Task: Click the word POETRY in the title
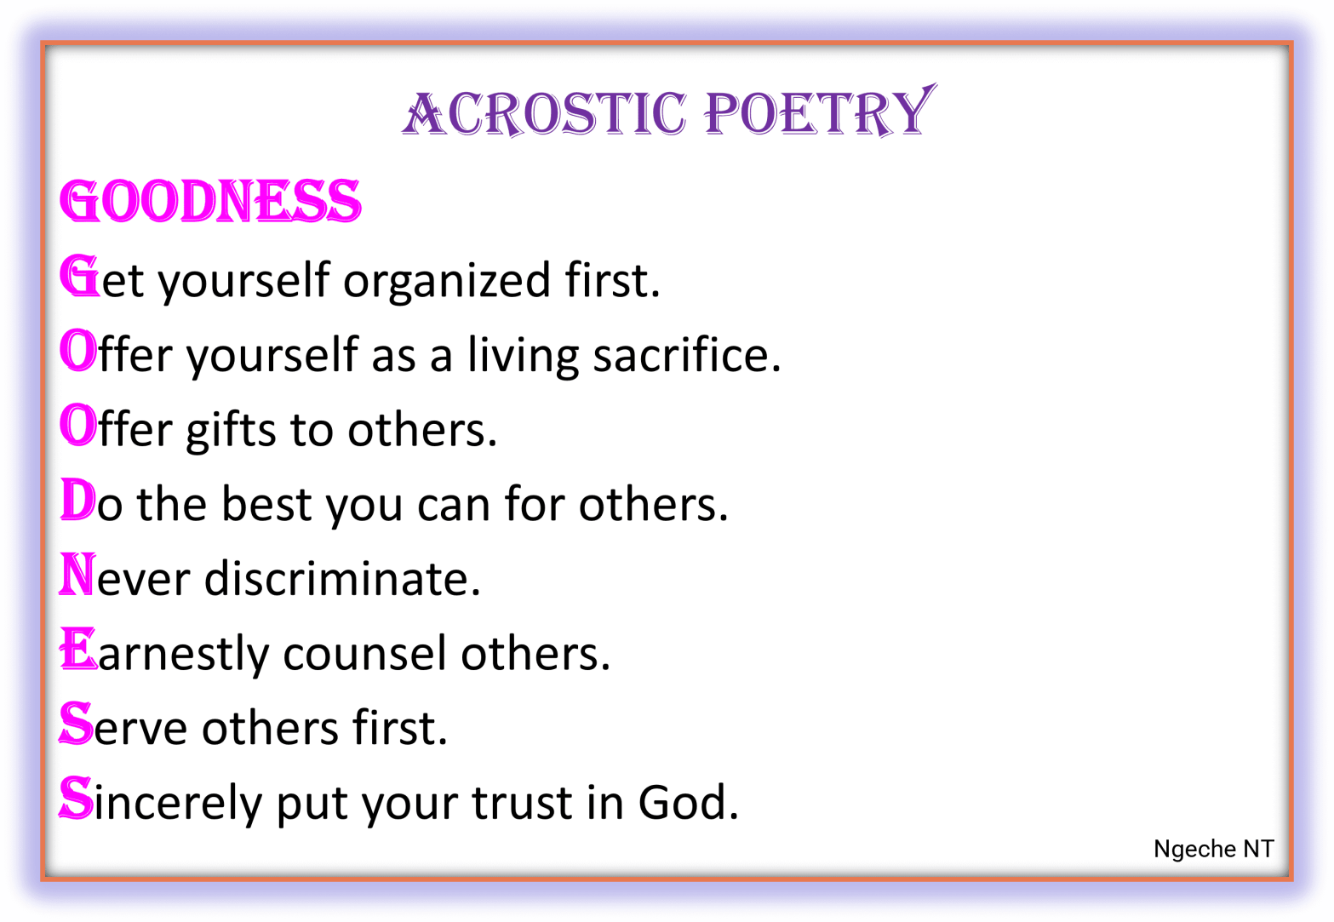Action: click(x=819, y=113)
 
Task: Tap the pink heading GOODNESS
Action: click(x=210, y=202)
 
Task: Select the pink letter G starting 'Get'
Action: click(x=79, y=277)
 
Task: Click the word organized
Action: click(x=446, y=281)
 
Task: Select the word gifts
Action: click(x=231, y=429)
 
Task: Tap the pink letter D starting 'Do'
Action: click(x=77, y=501)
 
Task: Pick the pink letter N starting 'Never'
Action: click(x=77, y=575)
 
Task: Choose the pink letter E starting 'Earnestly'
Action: click(x=77, y=650)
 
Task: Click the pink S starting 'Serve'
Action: click(x=76, y=724)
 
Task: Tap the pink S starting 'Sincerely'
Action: click(x=76, y=799)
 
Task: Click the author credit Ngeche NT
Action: click(x=1213, y=849)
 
